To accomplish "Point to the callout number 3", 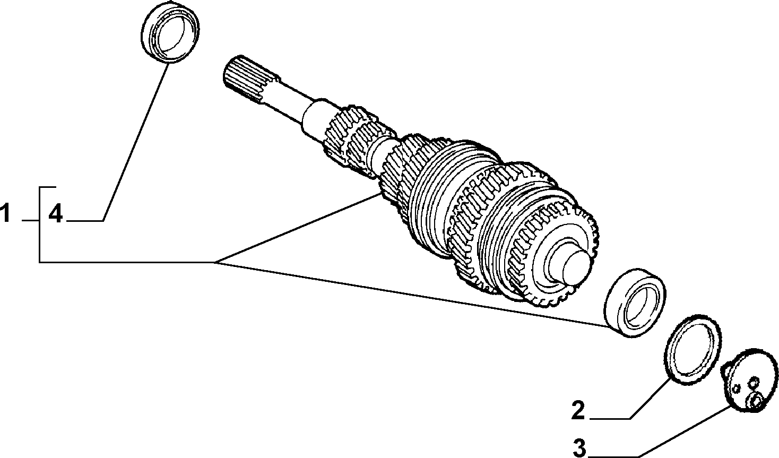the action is tap(579, 448).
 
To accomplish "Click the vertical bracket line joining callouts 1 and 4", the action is tap(40, 224).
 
